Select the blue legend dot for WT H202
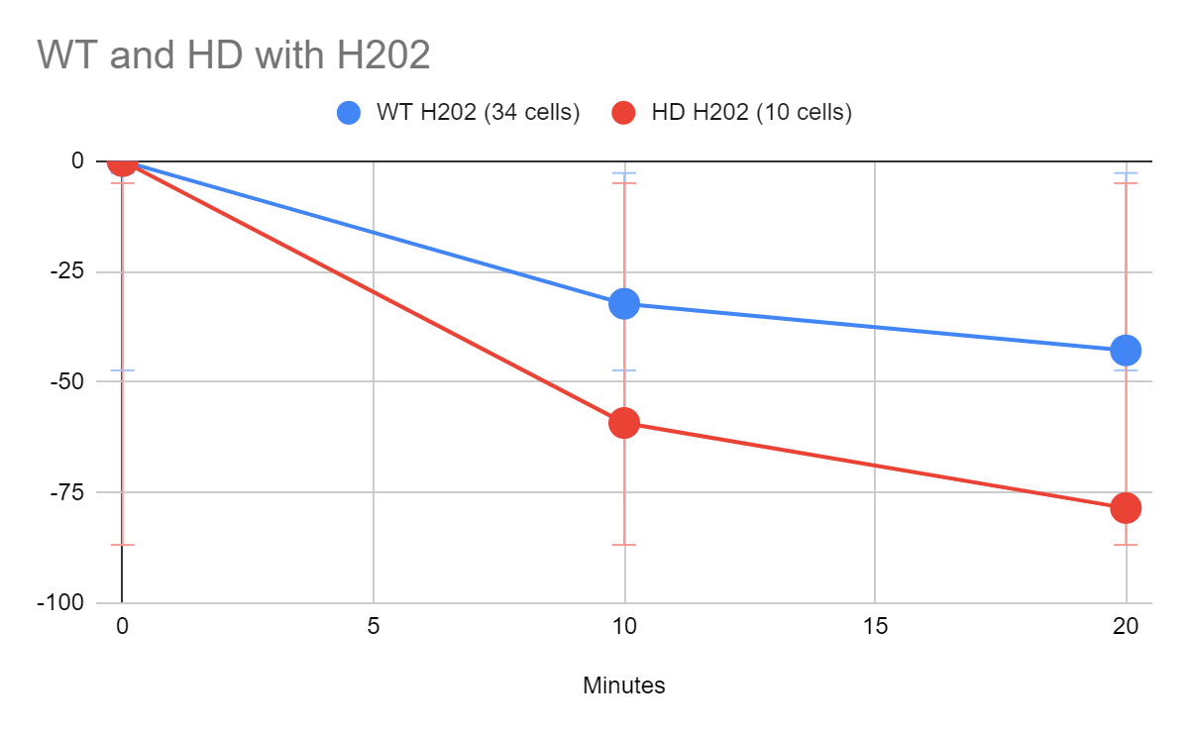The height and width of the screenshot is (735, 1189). (x=349, y=112)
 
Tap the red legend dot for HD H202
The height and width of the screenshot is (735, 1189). (x=623, y=112)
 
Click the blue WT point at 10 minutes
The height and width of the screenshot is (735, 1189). (x=624, y=303)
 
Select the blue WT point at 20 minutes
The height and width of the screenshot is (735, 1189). (x=1126, y=350)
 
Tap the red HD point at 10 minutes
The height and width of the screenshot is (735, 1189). (x=624, y=423)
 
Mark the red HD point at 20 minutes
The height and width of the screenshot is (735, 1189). (x=1126, y=507)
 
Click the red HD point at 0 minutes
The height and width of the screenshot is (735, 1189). (x=122, y=160)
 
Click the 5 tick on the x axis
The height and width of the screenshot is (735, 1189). (x=374, y=626)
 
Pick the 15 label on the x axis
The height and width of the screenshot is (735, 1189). (x=875, y=626)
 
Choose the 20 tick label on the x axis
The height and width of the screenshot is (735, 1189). (x=1126, y=626)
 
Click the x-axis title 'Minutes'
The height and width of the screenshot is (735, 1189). (x=624, y=684)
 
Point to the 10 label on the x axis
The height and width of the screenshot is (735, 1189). (x=624, y=626)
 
